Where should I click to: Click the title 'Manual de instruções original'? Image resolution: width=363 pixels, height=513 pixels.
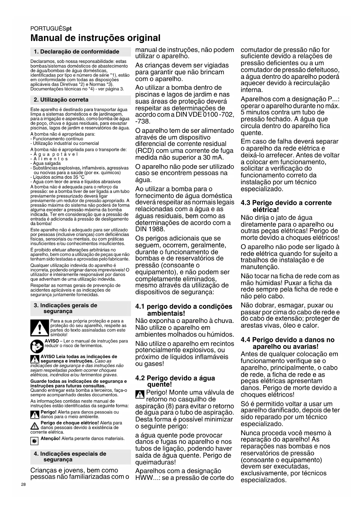coord(95,38)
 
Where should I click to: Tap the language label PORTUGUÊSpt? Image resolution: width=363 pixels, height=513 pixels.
coord(51,29)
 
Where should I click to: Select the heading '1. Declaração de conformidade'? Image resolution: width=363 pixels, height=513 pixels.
coord(76,52)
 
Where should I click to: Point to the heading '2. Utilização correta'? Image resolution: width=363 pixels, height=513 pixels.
coord(61,100)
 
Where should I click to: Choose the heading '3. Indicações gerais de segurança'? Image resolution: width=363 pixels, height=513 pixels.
coord(66,308)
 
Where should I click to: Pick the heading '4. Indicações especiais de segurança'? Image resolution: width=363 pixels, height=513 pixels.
coord(70,457)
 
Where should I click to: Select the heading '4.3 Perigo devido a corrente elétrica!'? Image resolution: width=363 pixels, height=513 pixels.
coord(286,206)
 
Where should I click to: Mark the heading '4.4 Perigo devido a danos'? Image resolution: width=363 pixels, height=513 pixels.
coord(287,343)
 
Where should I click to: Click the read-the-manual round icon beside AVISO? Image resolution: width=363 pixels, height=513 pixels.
coord(37,346)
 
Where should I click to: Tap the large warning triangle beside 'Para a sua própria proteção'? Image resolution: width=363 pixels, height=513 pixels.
coord(39,328)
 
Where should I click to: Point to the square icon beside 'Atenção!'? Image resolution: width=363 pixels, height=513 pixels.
coord(35,441)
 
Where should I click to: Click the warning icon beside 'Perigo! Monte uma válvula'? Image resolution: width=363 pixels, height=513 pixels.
coord(140,395)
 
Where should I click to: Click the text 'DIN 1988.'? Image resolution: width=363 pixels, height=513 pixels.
coord(150,229)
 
